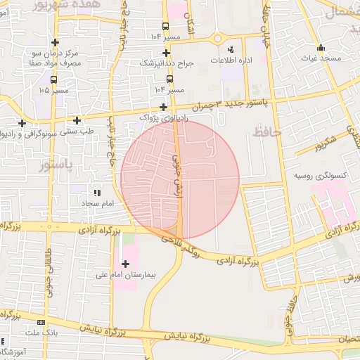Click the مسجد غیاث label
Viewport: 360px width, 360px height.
[x=323, y=58]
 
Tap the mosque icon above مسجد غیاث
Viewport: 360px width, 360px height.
[x=321, y=48]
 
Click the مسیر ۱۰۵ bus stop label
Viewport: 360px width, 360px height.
[x=55, y=90]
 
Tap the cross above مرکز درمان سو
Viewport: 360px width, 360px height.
[x=55, y=42]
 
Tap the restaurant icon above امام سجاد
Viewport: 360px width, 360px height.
[x=97, y=192]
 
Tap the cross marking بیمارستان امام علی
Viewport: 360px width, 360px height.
[x=126, y=264]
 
